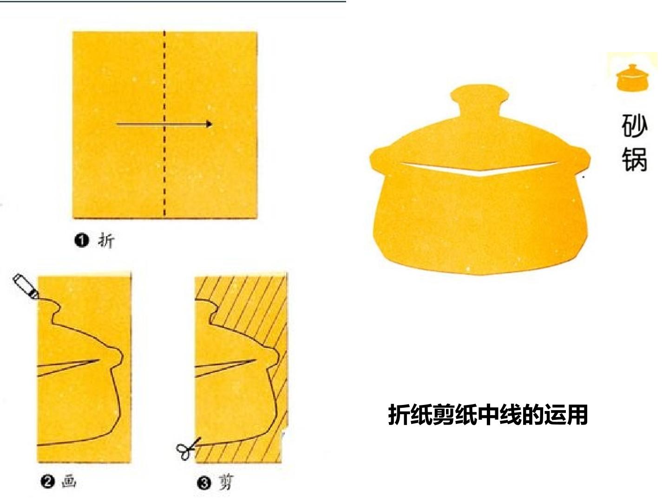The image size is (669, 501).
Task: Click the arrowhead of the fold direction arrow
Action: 209,124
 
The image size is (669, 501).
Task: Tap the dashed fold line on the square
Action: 164,124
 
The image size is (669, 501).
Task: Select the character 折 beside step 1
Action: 106,241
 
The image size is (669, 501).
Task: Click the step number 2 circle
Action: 48,482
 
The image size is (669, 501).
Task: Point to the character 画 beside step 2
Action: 69,482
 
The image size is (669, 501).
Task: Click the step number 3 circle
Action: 204,483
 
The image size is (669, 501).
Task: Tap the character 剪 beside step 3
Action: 226,482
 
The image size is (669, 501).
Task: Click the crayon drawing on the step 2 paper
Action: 26,286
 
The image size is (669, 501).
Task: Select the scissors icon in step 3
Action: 187,448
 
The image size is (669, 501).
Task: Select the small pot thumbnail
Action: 632,77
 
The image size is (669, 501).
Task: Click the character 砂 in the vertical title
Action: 635,126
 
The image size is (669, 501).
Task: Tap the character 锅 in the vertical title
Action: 635,160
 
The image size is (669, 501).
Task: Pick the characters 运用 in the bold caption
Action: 566,415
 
